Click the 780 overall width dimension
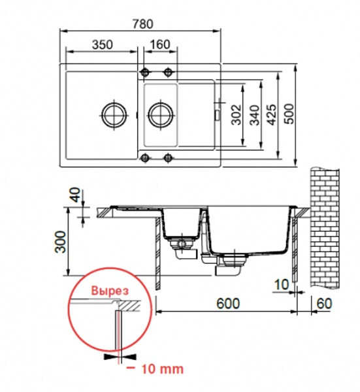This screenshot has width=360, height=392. [x=142, y=24]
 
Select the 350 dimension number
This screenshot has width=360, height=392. [x=103, y=44]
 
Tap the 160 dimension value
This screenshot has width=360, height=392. [x=160, y=44]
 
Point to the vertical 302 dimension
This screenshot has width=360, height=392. [x=237, y=115]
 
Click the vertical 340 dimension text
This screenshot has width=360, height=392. [x=255, y=115]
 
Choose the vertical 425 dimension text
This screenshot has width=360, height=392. [x=272, y=114]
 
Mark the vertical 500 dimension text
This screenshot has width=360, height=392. [x=289, y=114]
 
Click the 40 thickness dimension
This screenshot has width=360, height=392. [x=76, y=195]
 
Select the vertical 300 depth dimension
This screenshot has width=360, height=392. [x=61, y=242]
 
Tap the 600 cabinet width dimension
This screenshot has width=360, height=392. [x=228, y=304]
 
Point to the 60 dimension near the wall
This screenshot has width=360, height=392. [x=324, y=304]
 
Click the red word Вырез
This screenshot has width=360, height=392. [x=110, y=291]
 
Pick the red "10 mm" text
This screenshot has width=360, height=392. [x=163, y=369]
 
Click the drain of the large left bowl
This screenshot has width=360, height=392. [x=114, y=115]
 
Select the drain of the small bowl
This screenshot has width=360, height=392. [x=160, y=115]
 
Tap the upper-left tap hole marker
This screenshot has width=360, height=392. [x=145, y=73]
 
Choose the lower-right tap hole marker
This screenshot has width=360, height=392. [x=169, y=157]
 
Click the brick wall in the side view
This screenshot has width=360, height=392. [x=325, y=228]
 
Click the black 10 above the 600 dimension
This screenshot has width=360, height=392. [x=282, y=284]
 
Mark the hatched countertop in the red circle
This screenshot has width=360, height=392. [x=129, y=306]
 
